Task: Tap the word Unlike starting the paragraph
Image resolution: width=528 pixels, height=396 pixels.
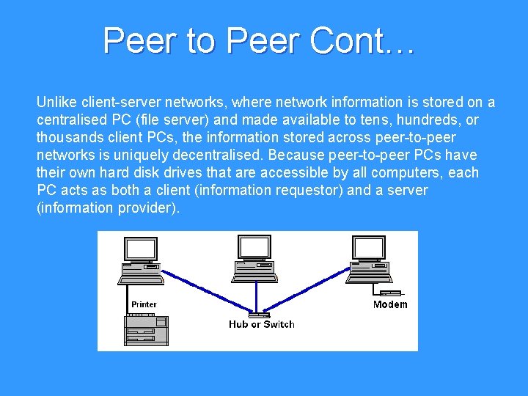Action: point(55,102)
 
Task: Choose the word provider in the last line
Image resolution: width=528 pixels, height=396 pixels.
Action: point(147,208)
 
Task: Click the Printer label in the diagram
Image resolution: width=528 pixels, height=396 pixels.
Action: point(144,304)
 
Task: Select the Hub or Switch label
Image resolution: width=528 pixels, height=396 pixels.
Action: point(261,324)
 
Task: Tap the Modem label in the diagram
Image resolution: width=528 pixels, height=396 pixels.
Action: point(390,304)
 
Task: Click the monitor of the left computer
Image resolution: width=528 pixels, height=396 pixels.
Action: point(139,249)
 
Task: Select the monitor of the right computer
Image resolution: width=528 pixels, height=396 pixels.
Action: point(369,249)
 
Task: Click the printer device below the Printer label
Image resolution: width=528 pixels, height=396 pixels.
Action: point(147,330)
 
